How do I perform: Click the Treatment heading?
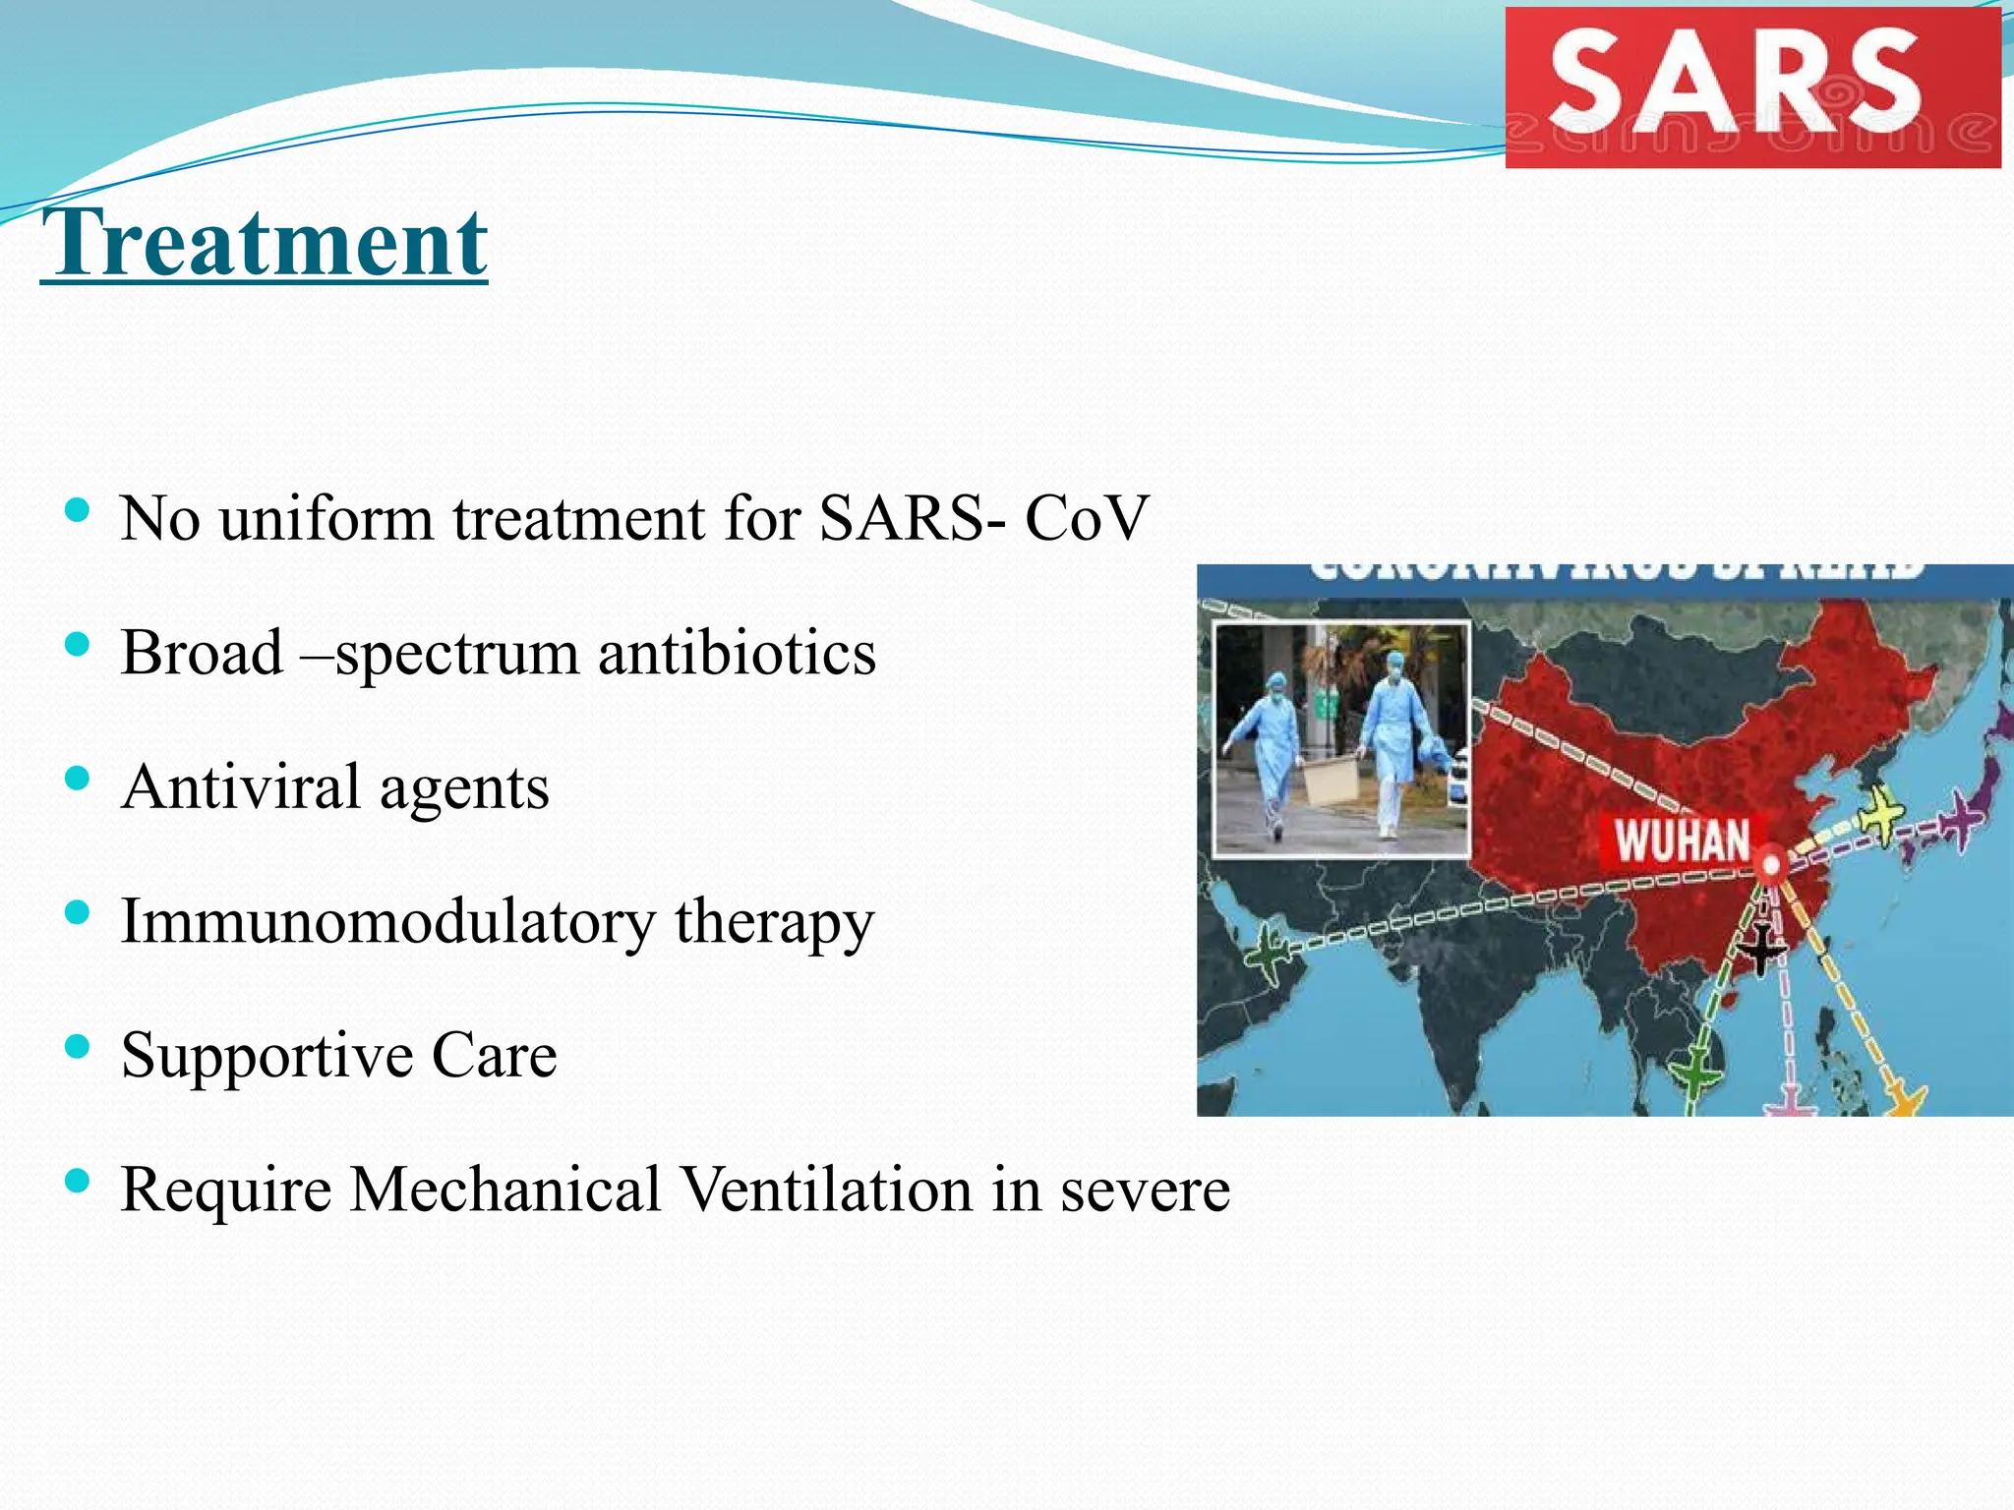[x=264, y=243]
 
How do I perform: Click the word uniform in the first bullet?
[x=326, y=518]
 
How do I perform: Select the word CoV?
[x=1086, y=518]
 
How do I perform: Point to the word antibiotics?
[x=737, y=653]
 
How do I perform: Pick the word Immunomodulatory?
[x=387, y=922]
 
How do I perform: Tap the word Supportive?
[x=267, y=1056]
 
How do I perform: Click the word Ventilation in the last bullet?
[x=827, y=1190]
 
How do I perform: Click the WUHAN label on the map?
[x=1681, y=842]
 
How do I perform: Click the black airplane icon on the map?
[x=1760, y=949]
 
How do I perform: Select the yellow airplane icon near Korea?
[x=1881, y=813]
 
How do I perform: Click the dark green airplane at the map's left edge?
[x=1269, y=953]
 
